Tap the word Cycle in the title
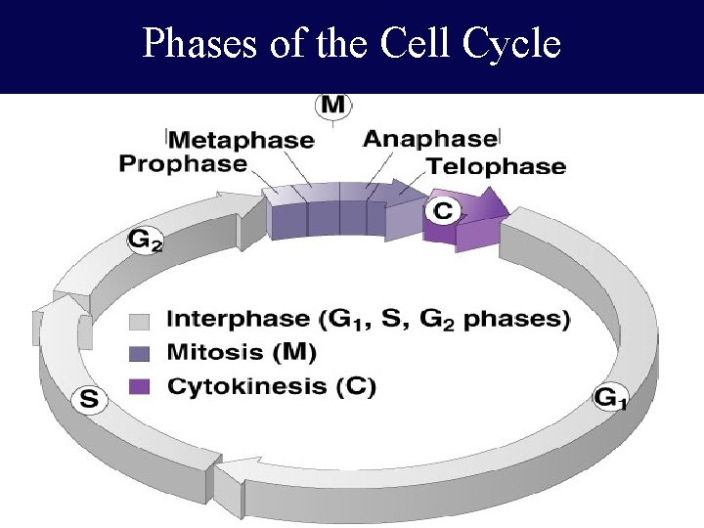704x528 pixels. (514, 44)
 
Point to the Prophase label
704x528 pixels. (183, 163)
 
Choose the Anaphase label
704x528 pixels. (430, 139)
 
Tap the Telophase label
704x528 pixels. (497, 165)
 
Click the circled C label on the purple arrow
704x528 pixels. (443, 209)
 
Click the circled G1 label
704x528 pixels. (610, 398)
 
